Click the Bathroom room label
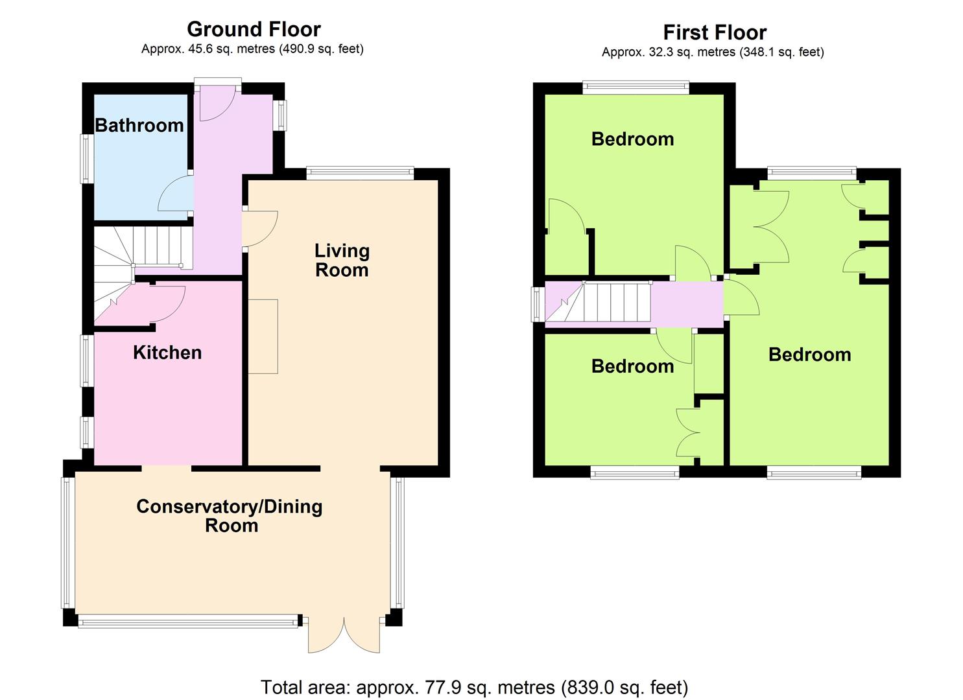(x=139, y=126)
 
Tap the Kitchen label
(x=167, y=353)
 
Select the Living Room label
(x=342, y=261)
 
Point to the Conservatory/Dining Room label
(x=230, y=516)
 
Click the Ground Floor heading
(x=254, y=29)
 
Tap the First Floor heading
(x=715, y=32)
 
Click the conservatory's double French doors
(x=344, y=636)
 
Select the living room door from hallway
(x=260, y=229)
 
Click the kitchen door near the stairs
(x=168, y=303)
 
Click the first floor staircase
(x=598, y=302)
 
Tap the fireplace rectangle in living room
(x=263, y=336)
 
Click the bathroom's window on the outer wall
(x=88, y=159)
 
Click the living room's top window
(x=361, y=173)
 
